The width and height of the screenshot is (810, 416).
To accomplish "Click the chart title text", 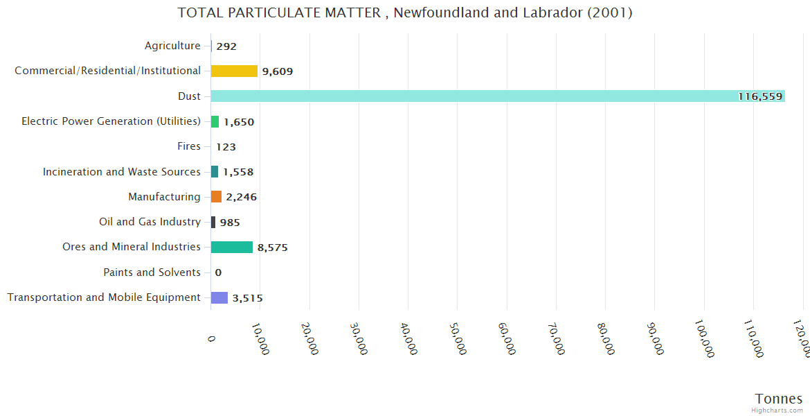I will (404, 12).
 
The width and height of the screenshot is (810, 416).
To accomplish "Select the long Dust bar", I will (497, 96).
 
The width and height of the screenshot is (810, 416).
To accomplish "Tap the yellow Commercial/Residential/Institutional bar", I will (234, 71).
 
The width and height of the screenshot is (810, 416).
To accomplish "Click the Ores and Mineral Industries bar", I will (232, 248).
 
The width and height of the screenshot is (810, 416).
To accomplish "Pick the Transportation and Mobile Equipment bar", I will (219, 297).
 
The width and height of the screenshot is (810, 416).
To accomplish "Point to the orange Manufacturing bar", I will (216, 197).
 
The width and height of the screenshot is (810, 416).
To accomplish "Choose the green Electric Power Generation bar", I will (215, 121).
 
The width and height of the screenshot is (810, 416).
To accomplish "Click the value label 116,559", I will (759, 96).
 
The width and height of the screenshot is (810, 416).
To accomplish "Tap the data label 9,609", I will (278, 71).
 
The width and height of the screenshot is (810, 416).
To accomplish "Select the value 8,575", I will (273, 248).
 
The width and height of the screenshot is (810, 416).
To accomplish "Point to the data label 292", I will (226, 46).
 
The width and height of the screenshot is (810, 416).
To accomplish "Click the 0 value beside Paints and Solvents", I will (218, 272).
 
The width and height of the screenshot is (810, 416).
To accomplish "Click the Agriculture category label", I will (172, 46).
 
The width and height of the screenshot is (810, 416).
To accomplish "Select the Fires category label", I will (189, 146).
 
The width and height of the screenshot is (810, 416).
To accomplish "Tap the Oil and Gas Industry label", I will (150, 222).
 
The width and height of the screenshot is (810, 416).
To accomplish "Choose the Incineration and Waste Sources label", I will (122, 171).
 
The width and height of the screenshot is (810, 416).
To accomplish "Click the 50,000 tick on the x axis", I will (459, 339).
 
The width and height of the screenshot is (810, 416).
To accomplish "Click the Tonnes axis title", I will (778, 398).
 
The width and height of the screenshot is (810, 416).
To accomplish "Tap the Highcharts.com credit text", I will (777, 410).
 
